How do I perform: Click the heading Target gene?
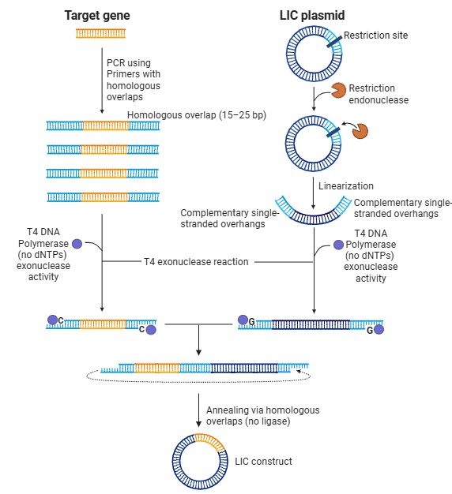[97, 16]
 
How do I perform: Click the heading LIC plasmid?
[312, 16]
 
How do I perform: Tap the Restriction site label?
[375, 36]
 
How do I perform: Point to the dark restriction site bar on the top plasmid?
[334, 42]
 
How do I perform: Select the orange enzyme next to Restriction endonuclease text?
[338, 90]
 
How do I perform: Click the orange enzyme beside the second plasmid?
[360, 131]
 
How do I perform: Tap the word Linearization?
[345, 186]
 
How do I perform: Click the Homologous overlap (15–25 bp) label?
[197, 115]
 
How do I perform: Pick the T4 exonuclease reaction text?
[196, 262]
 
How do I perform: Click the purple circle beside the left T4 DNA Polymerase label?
[77, 244]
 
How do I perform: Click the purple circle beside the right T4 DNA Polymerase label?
[338, 245]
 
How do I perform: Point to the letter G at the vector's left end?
[252, 322]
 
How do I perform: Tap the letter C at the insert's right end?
[141, 329]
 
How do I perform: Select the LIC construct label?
[263, 462]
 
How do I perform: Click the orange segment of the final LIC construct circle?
[211, 440]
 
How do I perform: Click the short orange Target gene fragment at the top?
[100, 33]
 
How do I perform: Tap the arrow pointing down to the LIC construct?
[198, 410]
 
